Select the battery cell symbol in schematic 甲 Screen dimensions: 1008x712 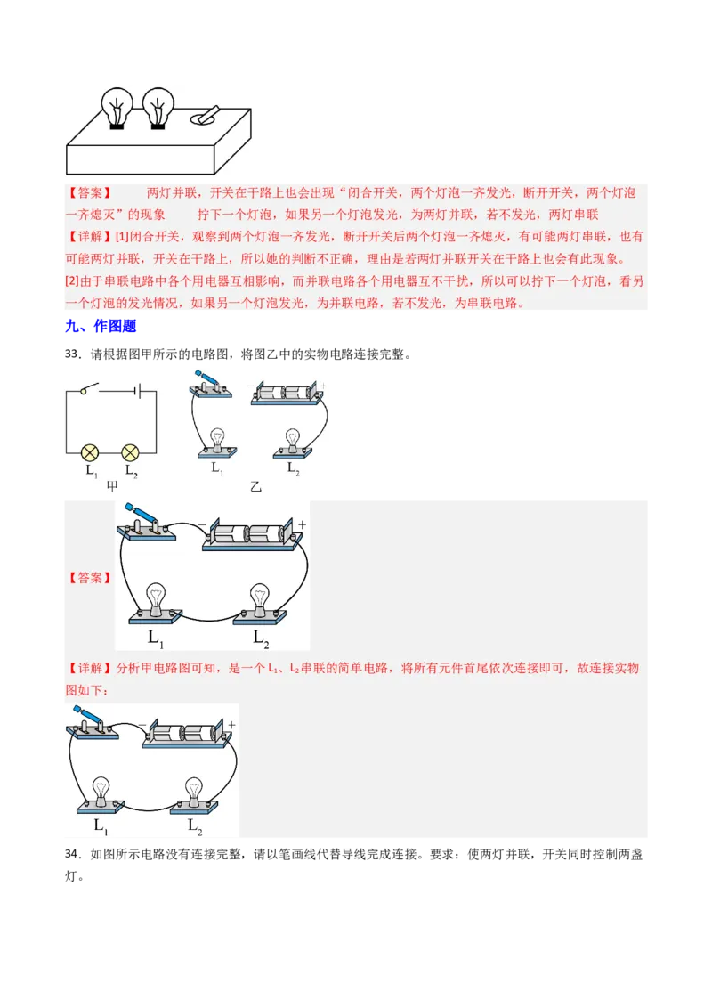pos(134,389)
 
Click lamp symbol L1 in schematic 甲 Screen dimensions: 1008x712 pos(90,451)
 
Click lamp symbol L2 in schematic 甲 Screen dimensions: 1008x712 pos(131,451)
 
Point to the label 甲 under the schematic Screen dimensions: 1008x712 pos(113,486)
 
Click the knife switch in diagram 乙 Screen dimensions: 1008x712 pos(211,384)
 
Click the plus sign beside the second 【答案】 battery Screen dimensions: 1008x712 pos(302,525)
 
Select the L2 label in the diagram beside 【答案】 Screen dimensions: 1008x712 pos(261,638)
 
